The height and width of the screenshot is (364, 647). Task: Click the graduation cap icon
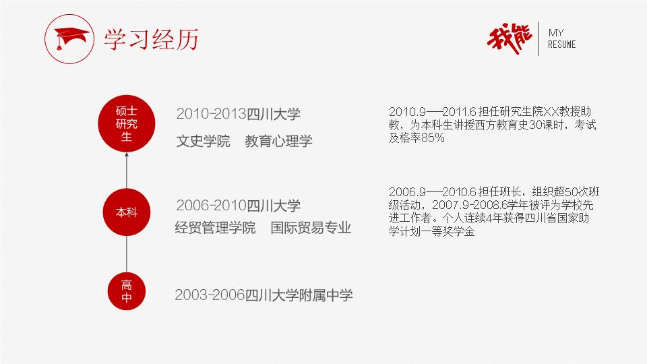tap(69, 39)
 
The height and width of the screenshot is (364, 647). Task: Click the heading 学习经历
tap(151, 40)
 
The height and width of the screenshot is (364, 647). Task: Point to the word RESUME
tap(561, 44)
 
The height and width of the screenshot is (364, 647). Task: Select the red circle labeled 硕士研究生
tap(126, 123)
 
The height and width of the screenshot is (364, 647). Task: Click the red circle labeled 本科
tap(126, 212)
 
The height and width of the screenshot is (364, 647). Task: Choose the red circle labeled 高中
tap(126, 291)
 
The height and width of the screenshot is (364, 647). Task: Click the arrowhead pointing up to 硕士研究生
tap(126, 155)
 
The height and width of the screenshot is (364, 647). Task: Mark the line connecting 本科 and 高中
tap(126, 254)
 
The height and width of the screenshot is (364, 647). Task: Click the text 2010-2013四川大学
tap(238, 114)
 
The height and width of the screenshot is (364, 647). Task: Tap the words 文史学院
tap(203, 141)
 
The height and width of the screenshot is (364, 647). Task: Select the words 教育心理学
tap(278, 141)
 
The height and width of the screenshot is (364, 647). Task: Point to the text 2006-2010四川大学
tap(238, 205)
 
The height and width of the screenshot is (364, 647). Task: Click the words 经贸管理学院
tap(215, 227)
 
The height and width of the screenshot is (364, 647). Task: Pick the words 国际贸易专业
tap(311, 227)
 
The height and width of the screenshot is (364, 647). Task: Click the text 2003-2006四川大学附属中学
tap(264, 295)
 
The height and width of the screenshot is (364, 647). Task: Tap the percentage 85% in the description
tap(433, 138)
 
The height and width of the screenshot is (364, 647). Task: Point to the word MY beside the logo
tap(556, 32)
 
